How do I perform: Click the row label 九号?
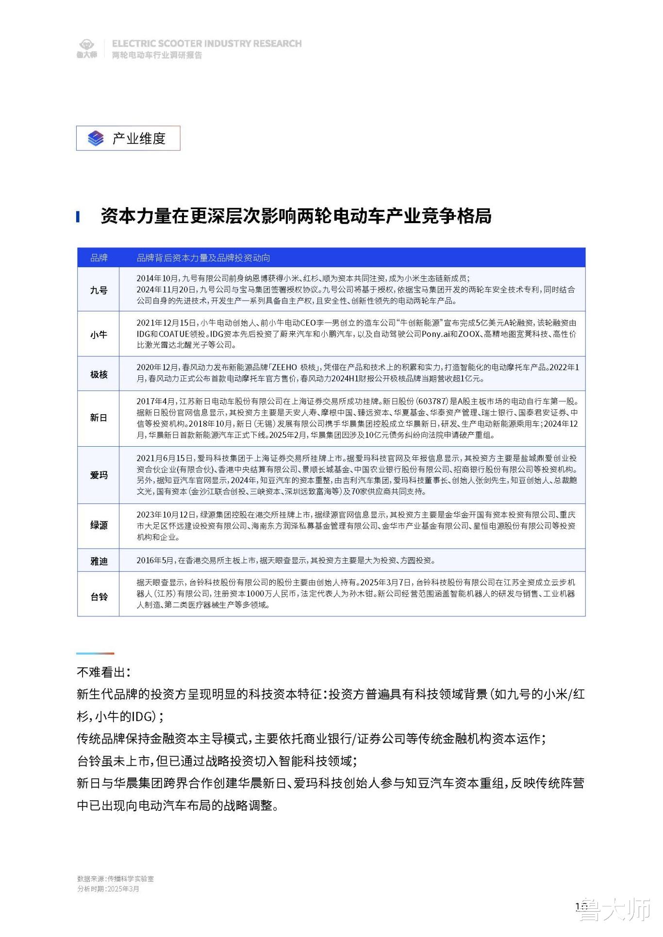(x=99, y=290)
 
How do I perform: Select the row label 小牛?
(x=99, y=335)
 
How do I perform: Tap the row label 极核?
(x=99, y=374)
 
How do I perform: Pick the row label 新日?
(x=99, y=418)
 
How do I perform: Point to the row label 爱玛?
(x=99, y=475)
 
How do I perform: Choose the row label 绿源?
(x=99, y=525)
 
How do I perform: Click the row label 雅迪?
(x=99, y=561)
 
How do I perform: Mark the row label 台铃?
(x=99, y=597)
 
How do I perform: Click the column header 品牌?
(x=99, y=258)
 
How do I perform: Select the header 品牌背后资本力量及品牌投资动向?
(x=203, y=258)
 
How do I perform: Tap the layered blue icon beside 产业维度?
(x=96, y=139)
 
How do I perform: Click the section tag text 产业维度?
(x=139, y=139)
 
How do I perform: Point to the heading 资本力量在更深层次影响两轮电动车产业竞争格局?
(x=296, y=216)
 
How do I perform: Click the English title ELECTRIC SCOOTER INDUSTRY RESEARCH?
(x=207, y=44)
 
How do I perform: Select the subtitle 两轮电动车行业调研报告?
(x=157, y=55)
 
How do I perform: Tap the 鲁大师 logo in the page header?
(x=86, y=48)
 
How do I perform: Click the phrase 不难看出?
(x=102, y=672)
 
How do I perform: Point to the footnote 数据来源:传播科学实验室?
(x=116, y=879)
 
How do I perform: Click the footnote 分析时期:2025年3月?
(x=108, y=889)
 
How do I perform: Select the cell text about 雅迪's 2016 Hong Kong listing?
(x=286, y=561)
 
